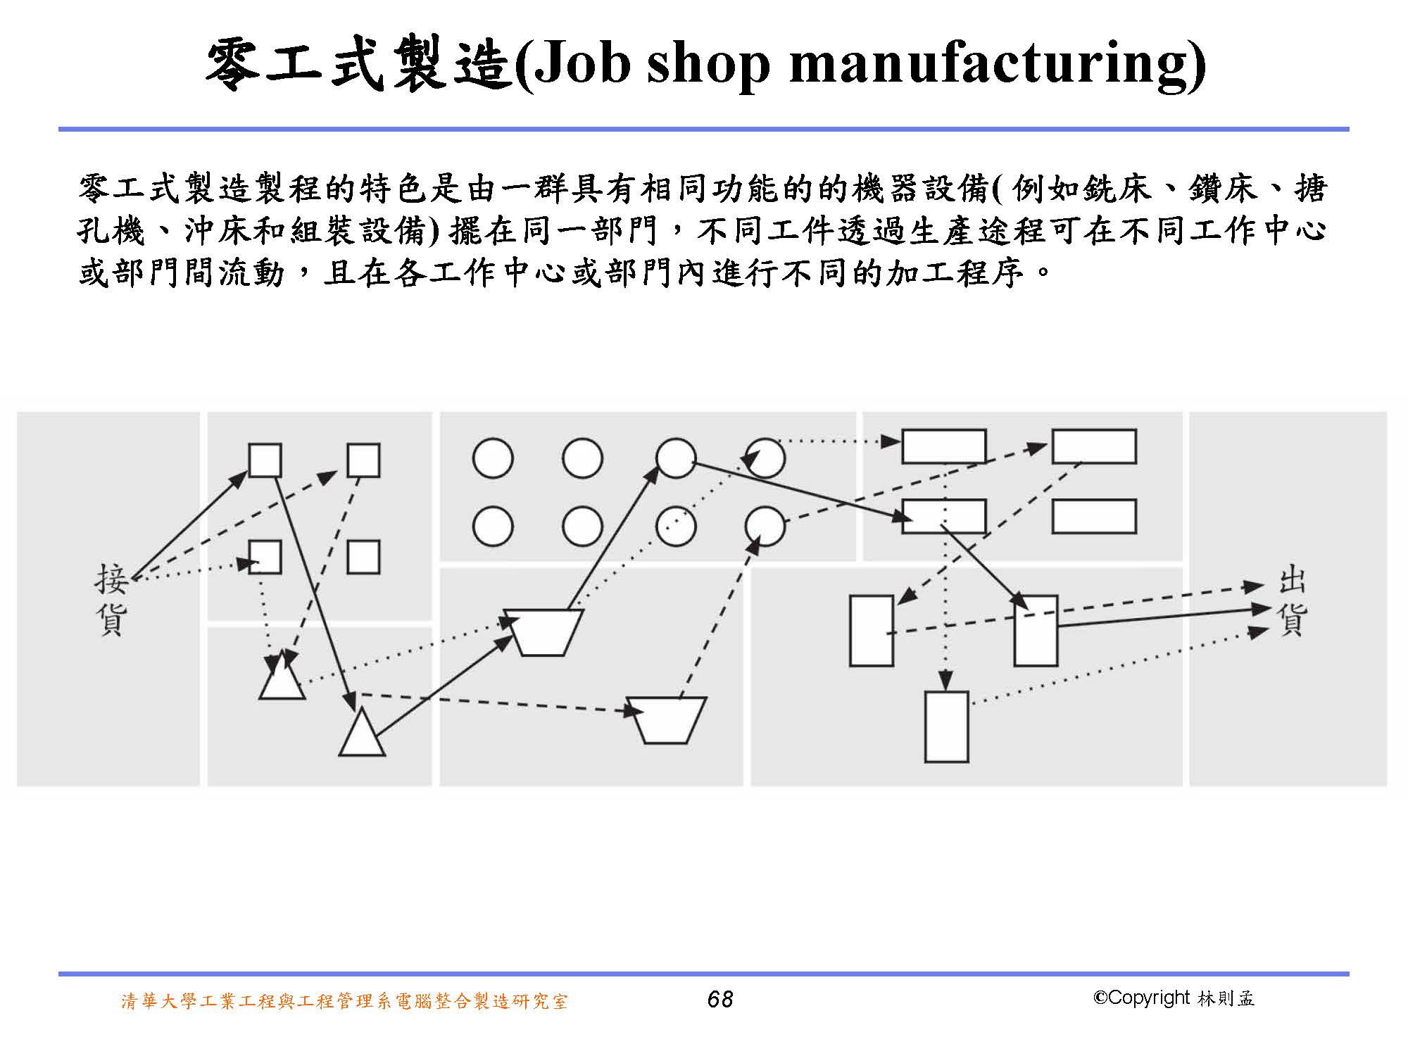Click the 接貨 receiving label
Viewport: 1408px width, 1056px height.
[112, 599]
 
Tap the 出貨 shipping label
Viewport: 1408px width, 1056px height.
[1293, 603]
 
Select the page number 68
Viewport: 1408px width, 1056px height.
[719, 999]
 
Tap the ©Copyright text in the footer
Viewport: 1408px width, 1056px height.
[1140, 998]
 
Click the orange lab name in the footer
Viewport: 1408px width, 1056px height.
[344, 1000]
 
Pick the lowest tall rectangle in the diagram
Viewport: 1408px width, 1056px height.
[946, 727]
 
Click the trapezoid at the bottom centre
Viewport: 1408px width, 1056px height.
[666, 719]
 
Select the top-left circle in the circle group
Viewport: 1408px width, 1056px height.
[493, 458]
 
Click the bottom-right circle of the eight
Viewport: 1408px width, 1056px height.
[765, 527]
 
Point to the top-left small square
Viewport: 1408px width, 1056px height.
[265, 460]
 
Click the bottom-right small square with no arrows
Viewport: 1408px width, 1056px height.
[363, 557]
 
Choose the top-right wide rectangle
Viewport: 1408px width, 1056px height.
[1094, 446]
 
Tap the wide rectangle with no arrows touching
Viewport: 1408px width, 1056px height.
[1094, 516]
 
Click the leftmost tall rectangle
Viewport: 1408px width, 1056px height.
[872, 631]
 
